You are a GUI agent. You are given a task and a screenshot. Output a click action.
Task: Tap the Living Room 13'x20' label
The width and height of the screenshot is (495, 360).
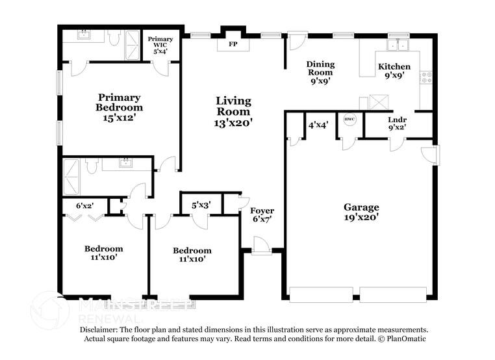click(233, 110)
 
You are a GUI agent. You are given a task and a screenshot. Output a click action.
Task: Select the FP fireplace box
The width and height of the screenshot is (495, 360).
click(232, 45)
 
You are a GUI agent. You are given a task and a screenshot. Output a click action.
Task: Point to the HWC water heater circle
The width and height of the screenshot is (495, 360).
click(349, 120)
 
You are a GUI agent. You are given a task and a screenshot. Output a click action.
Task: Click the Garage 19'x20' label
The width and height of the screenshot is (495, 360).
click(361, 212)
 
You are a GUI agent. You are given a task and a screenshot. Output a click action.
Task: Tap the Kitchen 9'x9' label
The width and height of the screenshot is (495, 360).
click(394, 71)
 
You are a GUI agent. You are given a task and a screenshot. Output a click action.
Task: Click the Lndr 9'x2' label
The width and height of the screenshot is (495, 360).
click(398, 123)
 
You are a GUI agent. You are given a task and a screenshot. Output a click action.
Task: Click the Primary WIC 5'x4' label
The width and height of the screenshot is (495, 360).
click(160, 44)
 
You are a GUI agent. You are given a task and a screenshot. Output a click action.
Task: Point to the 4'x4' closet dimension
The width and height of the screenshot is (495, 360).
click(318, 124)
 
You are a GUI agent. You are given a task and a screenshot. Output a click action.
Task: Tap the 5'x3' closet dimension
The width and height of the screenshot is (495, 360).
click(201, 206)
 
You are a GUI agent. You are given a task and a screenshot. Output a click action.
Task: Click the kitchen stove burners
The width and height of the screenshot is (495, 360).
click(427, 79)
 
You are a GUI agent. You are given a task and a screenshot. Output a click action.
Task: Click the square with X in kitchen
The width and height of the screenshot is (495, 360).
click(376, 103)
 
